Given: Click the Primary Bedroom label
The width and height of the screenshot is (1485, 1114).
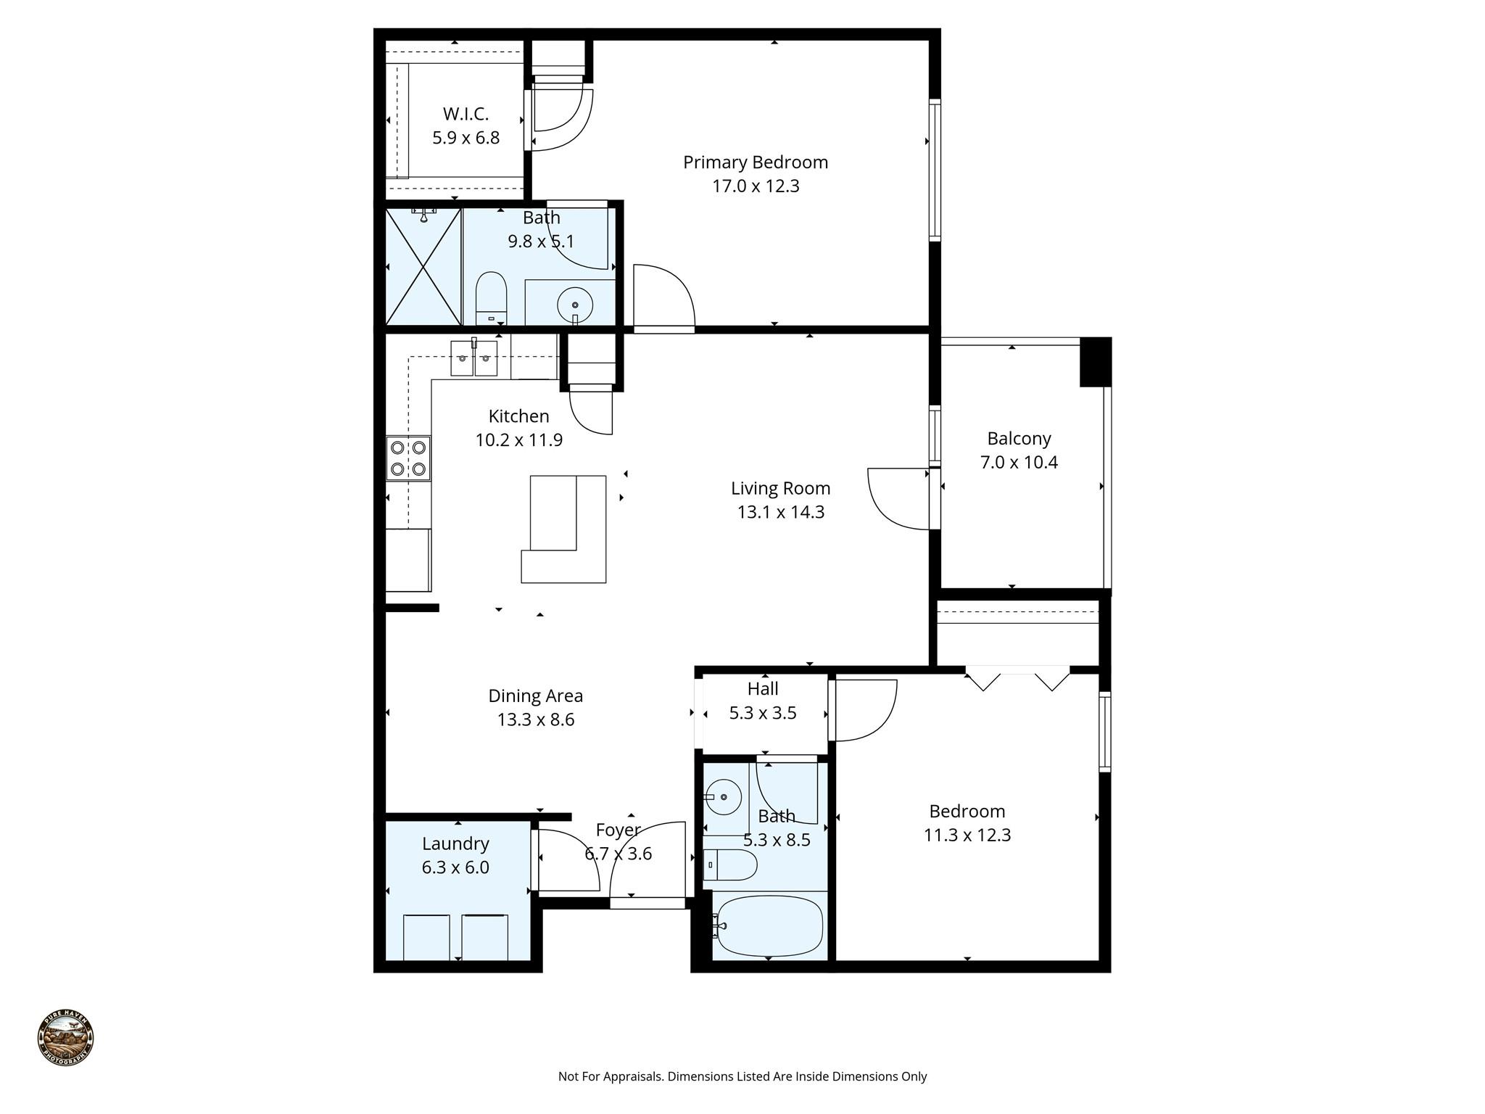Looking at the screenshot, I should point(755,162).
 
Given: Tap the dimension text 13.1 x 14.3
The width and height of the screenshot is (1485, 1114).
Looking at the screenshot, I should point(780,512).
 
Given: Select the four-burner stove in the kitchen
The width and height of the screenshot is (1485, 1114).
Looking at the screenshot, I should point(408,458).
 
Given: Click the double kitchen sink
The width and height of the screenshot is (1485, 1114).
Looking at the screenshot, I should point(473,358).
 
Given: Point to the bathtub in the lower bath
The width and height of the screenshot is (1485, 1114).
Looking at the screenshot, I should point(769,926).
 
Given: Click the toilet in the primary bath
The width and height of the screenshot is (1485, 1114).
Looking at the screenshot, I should point(490,297).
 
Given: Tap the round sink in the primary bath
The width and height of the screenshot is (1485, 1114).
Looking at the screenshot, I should point(575,305).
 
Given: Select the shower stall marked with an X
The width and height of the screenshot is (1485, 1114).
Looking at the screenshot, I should point(423,267).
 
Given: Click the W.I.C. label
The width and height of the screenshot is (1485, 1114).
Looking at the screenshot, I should point(466,114).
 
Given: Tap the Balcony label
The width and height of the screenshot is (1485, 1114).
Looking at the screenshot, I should point(1019,438).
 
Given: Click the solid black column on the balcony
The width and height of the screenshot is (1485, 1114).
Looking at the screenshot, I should point(1095,362).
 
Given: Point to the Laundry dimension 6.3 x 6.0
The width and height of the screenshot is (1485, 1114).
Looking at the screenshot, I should point(455,867).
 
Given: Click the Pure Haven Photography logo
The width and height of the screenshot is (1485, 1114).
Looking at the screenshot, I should point(65,1038).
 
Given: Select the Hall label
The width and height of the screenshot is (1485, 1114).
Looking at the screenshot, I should point(763,688).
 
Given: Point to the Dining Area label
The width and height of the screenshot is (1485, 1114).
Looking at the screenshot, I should point(535,696).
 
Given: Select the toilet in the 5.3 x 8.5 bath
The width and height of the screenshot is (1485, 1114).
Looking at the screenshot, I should point(731,865).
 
